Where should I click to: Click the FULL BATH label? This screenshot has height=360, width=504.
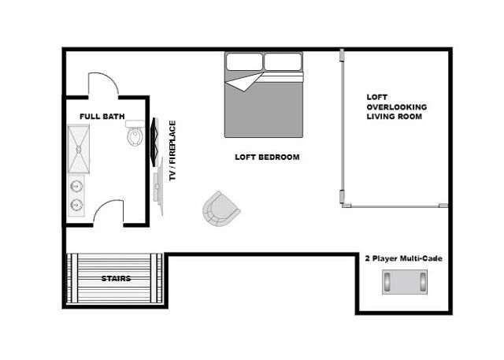tap(102, 117)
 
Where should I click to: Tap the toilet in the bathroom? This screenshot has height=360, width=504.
tap(135, 135)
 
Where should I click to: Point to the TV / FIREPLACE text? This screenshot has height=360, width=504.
tap(172, 152)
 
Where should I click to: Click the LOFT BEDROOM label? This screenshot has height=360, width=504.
tap(267, 157)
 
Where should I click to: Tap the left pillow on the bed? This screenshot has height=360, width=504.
tap(244, 61)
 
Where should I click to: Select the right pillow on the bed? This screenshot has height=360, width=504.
tap(283, 61)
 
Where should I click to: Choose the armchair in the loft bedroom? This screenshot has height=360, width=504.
tap(220, 208)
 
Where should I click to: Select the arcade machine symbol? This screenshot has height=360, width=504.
tap(406, 280)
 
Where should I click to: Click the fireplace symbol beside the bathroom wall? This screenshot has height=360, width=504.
tap(154, 139)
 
